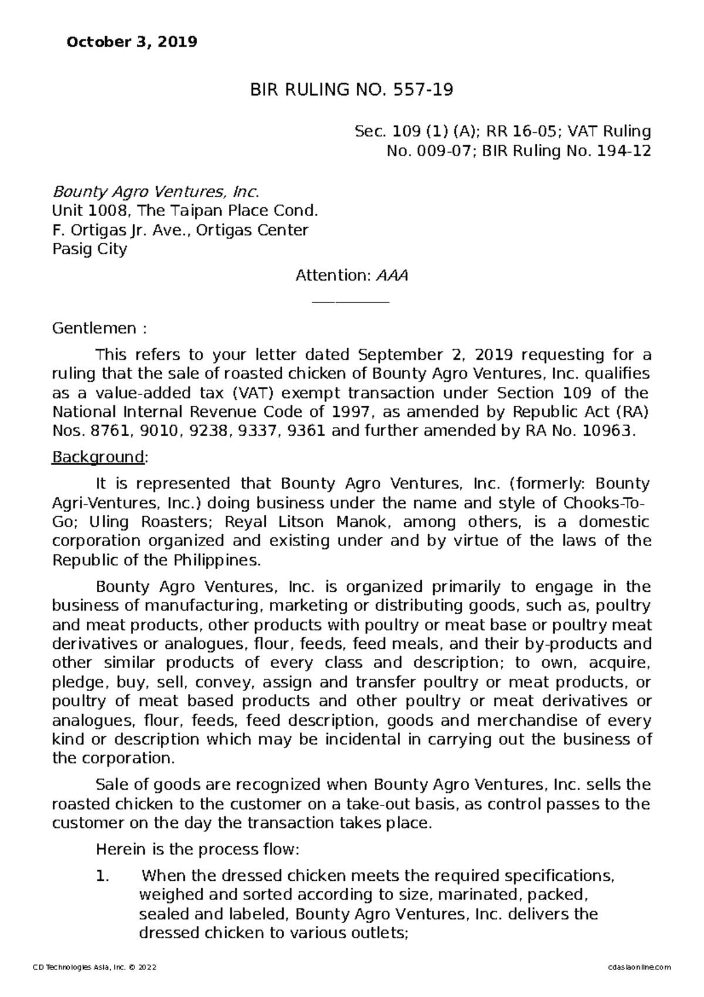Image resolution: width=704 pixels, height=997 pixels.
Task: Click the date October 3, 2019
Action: [132, 42]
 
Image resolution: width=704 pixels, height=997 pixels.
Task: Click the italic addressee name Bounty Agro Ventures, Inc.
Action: [155, 192]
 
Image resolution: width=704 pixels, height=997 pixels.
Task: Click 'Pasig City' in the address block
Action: [90, 249]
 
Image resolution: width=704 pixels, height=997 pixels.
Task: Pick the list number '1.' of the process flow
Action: [103, 877]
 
